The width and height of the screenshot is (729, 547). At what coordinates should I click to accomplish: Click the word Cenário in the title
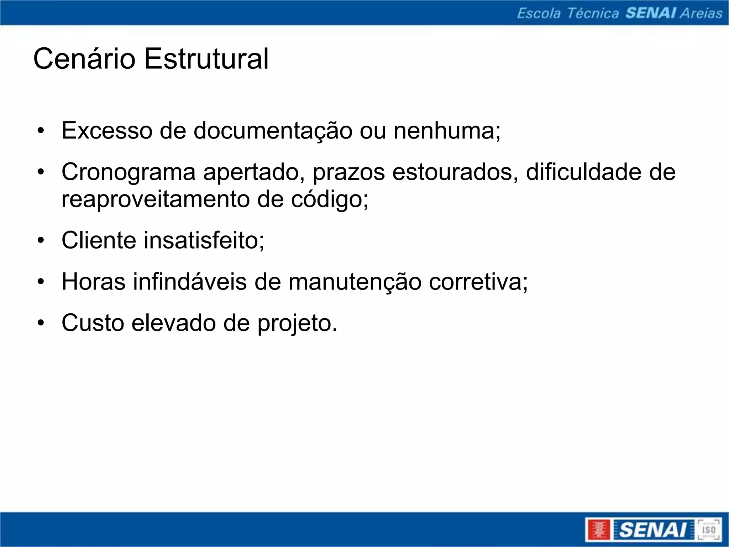pyautogui.click(x=84, y=59)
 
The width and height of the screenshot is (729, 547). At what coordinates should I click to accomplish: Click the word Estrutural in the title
pyautogui.click(x=206, y=59)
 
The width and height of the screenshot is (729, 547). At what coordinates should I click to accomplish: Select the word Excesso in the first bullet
pyautogui.click(x=107, y=131)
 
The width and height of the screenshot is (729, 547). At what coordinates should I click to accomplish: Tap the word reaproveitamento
pyautogui.click(x=155, y=200)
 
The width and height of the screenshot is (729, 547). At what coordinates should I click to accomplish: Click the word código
pyautogui.click(x=330, y=200)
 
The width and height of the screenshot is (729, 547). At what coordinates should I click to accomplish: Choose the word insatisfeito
pyautogui.click(x=204, y=240)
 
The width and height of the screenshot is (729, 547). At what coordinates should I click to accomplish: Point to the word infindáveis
pyautogui.click(x=190, y=282)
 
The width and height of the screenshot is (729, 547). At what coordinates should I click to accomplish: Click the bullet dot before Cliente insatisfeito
pyautogui.click(x=41, y=241)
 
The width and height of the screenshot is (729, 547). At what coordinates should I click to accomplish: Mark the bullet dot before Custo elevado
pyautogui.click(x=41, y=323)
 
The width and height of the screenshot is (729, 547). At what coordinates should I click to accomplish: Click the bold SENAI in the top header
pyautogui.click(x=651, y=13)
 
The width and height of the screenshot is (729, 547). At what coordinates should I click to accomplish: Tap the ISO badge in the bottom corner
pyautogui.click(x=708, y=530)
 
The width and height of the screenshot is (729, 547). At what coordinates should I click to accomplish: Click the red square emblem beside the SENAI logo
pyautogui.click(x=598, y=530)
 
